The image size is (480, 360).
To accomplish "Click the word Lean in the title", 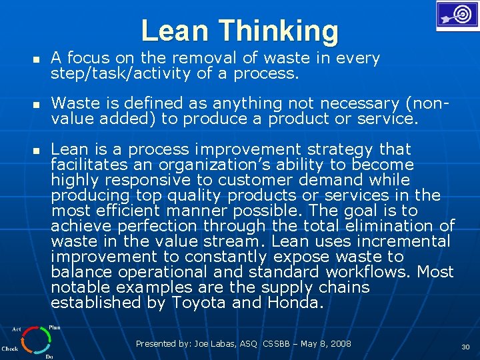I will [175, 31].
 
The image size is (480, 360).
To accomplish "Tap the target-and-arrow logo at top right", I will [457, 15].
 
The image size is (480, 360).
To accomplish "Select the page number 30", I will [465, 347].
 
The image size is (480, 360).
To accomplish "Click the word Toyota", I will [199, 303].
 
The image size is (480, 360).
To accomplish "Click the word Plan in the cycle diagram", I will [55, 327].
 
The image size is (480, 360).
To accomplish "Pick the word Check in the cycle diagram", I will [10, 348].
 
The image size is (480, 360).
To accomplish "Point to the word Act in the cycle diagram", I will [15, 329].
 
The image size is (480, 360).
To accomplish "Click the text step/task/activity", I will [121, 73].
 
